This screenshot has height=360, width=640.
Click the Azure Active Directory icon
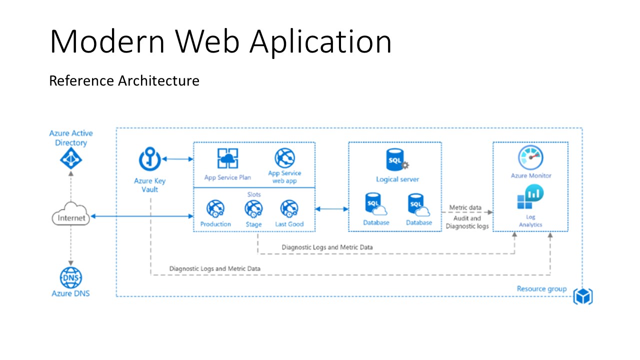(x=70, y=159)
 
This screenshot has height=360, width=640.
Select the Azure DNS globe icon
(x=71, y=277)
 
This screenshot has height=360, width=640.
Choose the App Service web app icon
(x=284, y=158)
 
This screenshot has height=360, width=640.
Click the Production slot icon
(x=215, y=208)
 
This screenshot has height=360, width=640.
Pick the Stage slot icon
(x=253, y=208)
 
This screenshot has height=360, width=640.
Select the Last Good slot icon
(x=289, y=208)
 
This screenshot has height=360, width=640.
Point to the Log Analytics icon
(x=530, y=197)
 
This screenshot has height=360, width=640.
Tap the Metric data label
(x=465, y=207)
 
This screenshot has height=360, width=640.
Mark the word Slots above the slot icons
(x=254, y=194)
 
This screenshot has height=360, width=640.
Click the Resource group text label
(x=541, y=288)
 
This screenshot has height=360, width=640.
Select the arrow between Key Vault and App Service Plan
(x=177, y=159)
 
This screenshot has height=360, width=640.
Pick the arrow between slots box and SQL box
(x=331, y=208)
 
